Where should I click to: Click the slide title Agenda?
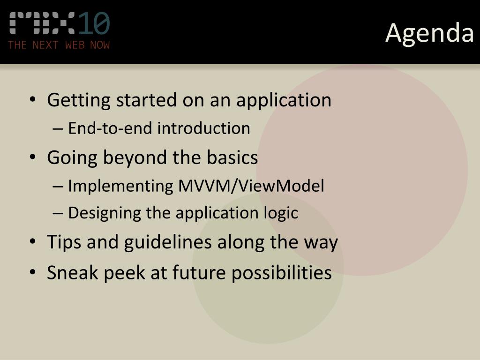click(429, 33)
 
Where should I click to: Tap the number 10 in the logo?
click(94, 23)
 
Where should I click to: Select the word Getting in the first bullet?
click(79, 100)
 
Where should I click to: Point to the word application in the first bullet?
click(284, 100)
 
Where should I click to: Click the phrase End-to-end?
click(110, 128)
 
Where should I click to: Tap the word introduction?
click(203, 128)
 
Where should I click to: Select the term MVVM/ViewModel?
click(251, 186)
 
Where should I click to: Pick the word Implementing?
click(120, 186)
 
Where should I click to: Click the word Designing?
click(105, 213)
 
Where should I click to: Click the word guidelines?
click(168, 242)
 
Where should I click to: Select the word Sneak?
click(73, 272)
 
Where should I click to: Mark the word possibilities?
click(281, 273)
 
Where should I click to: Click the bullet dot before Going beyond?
click(33, 157)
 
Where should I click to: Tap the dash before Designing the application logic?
click(58, 213)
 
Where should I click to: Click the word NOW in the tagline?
click(100, 45)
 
